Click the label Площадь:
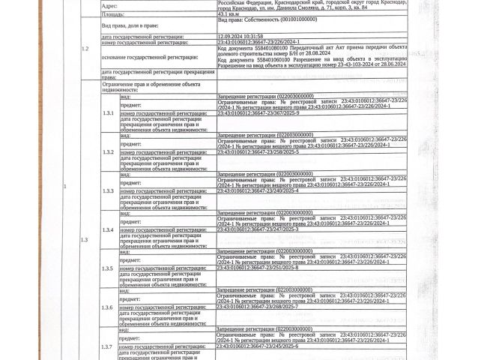pyautogui.click(x=115, y=13)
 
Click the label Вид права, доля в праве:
pyautogui.click(x=131, y=25)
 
